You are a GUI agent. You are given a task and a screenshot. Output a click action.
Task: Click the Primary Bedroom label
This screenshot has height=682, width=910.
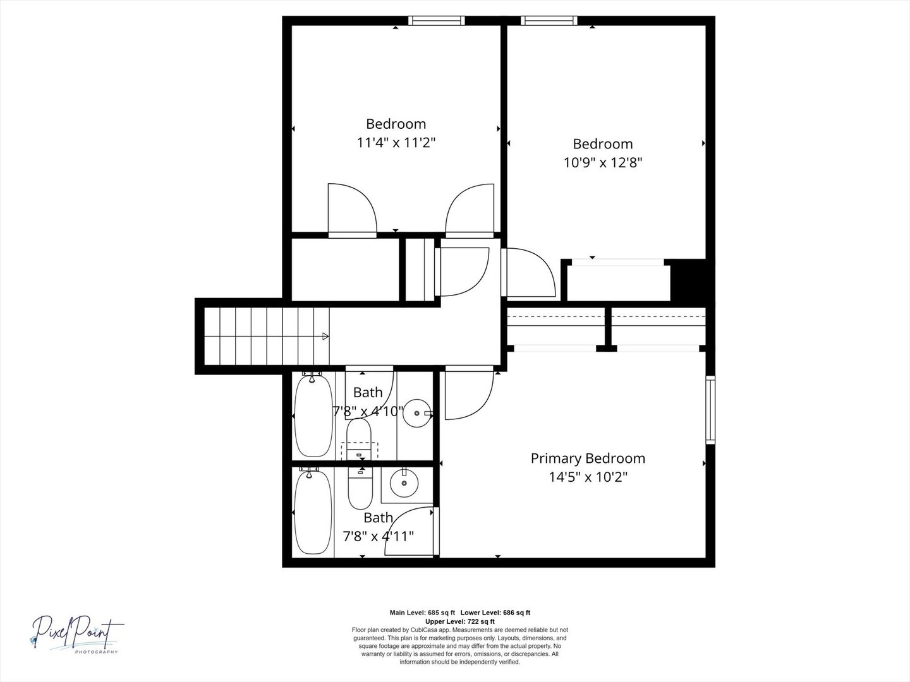(588, 458)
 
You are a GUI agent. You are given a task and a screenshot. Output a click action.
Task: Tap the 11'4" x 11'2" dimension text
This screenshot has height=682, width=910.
(396, 143)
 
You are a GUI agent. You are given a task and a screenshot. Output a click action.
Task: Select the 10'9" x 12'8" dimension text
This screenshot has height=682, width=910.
(602, 163)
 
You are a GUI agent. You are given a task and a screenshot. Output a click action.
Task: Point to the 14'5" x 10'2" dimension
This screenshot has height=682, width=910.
(588, 477)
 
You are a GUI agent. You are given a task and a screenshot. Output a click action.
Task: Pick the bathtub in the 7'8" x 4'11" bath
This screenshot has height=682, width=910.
(313, 512)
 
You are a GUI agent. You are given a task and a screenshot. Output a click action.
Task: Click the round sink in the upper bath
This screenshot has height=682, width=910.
(417, 413)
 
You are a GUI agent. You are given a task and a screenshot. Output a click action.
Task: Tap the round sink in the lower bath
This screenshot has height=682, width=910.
(404, 483)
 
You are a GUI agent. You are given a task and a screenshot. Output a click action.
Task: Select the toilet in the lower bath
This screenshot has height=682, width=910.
(360, 488)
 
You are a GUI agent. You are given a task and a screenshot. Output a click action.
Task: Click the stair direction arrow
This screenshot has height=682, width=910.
(325, 336)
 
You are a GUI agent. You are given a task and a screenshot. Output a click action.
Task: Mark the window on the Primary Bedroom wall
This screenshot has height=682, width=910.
(710, 410)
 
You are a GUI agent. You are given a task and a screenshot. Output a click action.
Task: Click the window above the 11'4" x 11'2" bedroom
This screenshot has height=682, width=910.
(436, 21)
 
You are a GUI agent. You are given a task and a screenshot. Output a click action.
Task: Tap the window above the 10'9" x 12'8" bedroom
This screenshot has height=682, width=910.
(549, 21)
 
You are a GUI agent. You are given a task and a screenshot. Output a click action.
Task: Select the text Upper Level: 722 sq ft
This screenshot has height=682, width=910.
(460, 621)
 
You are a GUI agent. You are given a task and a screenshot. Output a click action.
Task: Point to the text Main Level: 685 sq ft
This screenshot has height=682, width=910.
(422, 613)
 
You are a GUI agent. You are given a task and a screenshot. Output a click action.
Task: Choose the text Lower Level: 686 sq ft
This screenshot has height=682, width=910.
(495, 613)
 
